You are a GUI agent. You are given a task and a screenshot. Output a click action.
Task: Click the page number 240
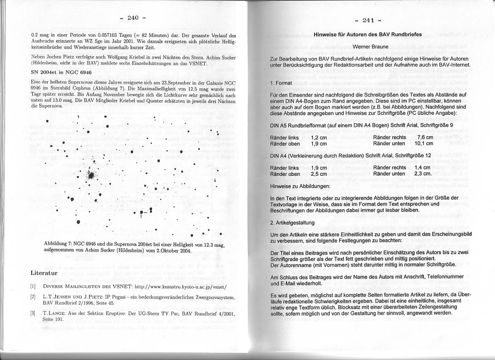point(133,18)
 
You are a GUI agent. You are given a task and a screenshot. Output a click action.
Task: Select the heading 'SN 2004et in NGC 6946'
point(61,72)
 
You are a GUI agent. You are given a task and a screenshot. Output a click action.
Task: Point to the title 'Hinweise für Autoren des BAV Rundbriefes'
point(368,34)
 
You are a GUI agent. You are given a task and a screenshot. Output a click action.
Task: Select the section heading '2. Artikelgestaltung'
point(292,222)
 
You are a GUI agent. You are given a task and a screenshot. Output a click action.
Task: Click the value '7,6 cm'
point(425,138)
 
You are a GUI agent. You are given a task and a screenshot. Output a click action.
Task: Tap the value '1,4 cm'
point(423,168)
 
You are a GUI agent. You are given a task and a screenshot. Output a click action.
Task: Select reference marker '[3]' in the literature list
point(33,313)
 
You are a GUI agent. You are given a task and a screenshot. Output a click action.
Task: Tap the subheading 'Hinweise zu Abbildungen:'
point(300,186)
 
